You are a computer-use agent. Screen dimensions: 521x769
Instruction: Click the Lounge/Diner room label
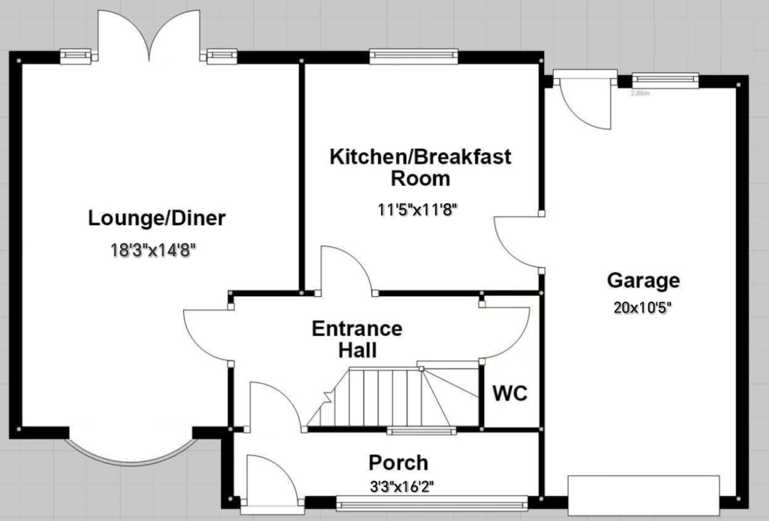pos(157,219)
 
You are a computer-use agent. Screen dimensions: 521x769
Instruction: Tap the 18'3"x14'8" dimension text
pos(153,250)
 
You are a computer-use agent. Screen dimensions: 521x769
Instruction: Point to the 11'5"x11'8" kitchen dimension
pos(416,210)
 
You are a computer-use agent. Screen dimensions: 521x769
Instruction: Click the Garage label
pos(643,280)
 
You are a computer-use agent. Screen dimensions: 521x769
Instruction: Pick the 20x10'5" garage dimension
pos(643,308)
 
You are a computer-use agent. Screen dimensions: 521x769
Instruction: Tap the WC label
pos(510,394)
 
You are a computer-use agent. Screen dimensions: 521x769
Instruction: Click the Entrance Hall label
pos(357,339)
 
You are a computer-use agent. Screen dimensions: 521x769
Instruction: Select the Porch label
pos(398,463)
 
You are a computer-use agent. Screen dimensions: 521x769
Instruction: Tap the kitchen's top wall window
pos(413,57)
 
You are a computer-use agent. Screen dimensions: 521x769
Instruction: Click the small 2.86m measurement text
pos(639,93)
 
